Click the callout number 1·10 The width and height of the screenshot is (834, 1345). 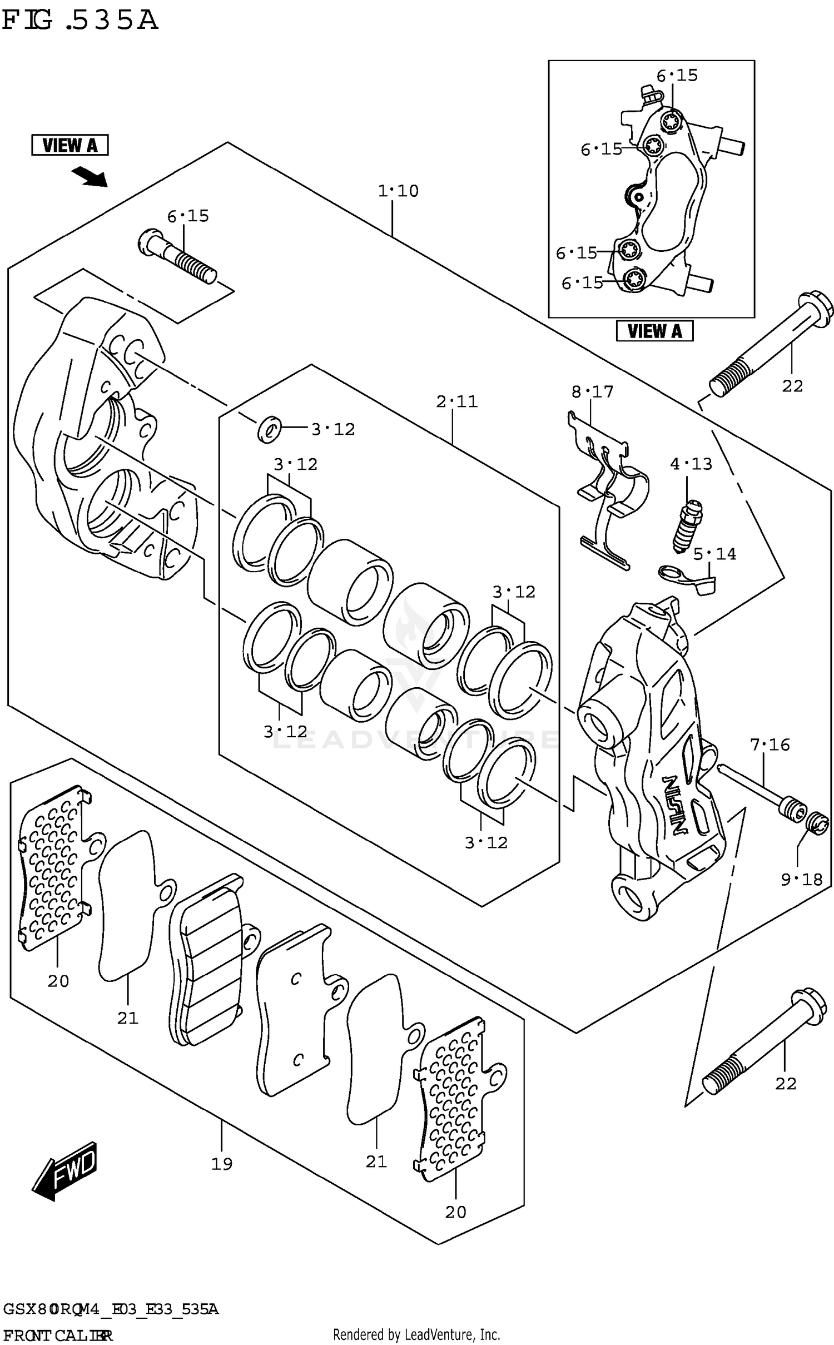pyautogui.click(x=398, y=191)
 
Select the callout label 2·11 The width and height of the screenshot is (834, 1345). pyautogui.click(x=456, y=401)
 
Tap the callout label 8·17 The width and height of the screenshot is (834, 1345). pyautogui.click(x=592, y=392)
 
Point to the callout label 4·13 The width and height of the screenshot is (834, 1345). pyautogui.click(x=691, y=464)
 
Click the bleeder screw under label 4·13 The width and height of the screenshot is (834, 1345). pyautogui.click(x=687, y=526)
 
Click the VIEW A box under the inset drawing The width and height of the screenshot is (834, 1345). pyautogui.click(x=654, y=331)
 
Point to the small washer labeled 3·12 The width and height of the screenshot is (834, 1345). pyautogui.click(x=269, y=429)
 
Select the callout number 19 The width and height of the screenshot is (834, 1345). pyautogui.click(x=221, y=1164)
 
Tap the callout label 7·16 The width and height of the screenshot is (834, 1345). pyautogui.click(x=770, y=745)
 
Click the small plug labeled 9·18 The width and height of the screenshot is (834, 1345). pyautogui.click(x=818, y=823)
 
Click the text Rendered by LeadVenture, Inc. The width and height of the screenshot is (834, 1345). pyautogui.click(x=416, y=1334)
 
